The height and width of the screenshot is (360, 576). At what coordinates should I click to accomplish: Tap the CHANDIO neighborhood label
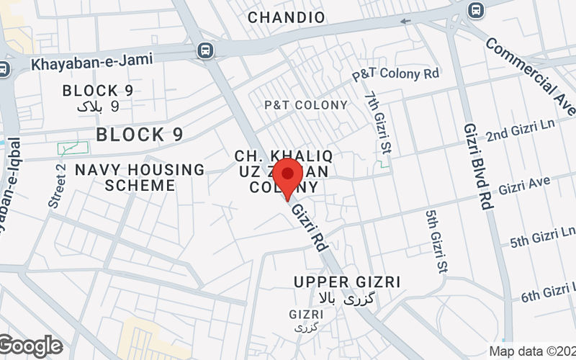pyautogui.click(x=287, y=16)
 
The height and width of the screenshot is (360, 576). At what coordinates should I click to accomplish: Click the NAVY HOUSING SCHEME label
pyautogui.click(x=140, y=177)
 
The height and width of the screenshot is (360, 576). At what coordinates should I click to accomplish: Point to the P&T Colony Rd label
pyautogui.click(x=395, y=74)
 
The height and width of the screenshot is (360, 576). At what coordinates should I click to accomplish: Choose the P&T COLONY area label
pyautogui.click(x=305, y=105)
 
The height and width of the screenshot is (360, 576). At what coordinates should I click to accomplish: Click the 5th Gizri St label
pyautogui.click(x=434, y=242)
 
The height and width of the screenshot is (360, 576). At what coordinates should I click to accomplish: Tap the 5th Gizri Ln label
pyautogui.click(x=541, y=237)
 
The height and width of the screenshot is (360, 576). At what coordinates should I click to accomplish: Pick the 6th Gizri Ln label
pyautogui.click(x=548, y=292)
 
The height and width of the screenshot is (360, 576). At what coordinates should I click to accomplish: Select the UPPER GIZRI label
pyautogui.click(x=347, y=282)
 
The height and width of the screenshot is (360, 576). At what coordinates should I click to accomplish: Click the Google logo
pyautogui.click(x=30, y=346)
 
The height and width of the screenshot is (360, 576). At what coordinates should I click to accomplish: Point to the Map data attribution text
pyautogui.click(x=531, y=351)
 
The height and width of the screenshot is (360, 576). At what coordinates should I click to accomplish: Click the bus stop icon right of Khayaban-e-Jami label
pyautogui.click(x=206, y=50)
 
